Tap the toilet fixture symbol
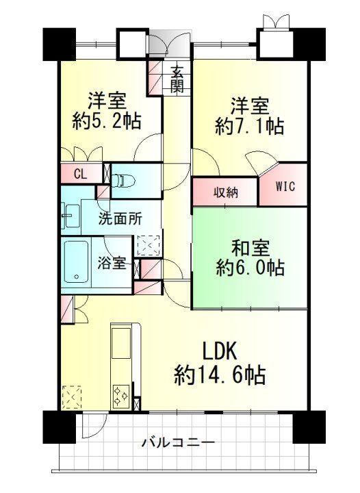[123, 181]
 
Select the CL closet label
[81, 173]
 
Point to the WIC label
[285, 186]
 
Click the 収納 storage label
[226, 192]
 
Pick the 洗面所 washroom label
[120, 218]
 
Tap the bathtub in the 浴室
[76, 262]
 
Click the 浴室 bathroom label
[112, 263]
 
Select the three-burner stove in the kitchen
[121, 396]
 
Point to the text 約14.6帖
[220, 375]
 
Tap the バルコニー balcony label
[179, 443]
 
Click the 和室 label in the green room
[250, 249]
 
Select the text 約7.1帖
[250, 126]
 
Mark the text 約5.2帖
[107, 121]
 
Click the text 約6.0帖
[250, 268]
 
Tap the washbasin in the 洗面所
[71, 216]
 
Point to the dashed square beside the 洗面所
[149, 245]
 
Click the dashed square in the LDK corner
[72, 397]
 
